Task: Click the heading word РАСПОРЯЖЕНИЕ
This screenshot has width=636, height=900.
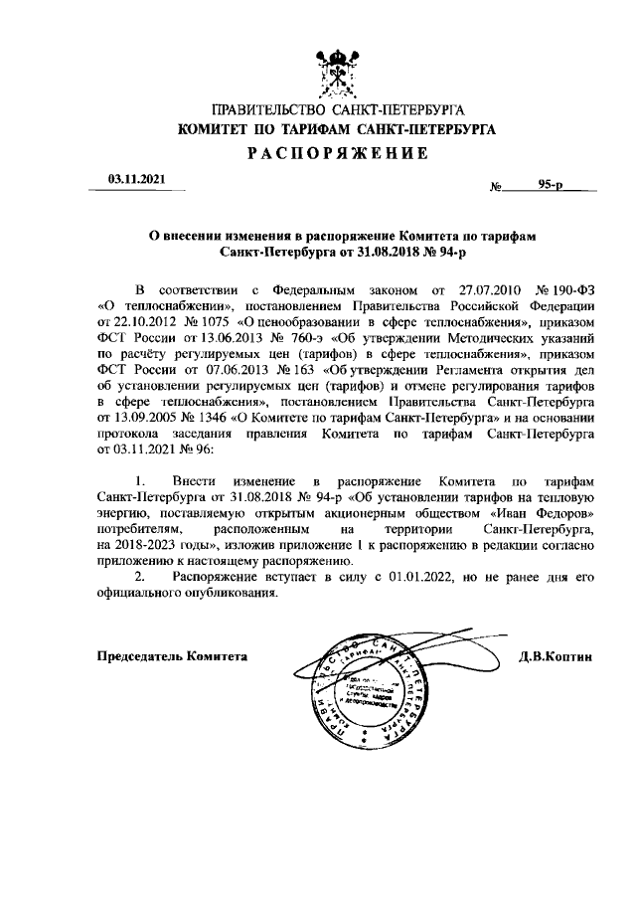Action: tap(337, 153)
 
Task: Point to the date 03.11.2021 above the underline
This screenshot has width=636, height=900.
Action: tap(136, 179)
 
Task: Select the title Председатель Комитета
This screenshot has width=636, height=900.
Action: tap(172, 656)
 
